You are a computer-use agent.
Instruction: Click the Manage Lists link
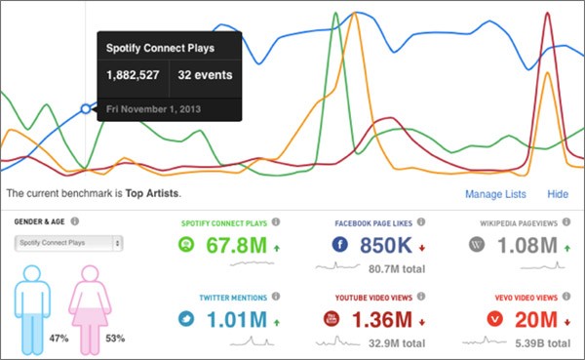(x=496, y=194)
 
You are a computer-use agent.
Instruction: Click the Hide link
(x=558, y=194)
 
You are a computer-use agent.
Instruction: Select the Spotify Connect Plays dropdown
(x=68, y=243)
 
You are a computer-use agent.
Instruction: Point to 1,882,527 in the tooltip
(x=134, y=75)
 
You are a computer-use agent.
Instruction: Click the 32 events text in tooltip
(x=205, y=75)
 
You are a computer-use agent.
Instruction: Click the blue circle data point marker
(x=86, y=108)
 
